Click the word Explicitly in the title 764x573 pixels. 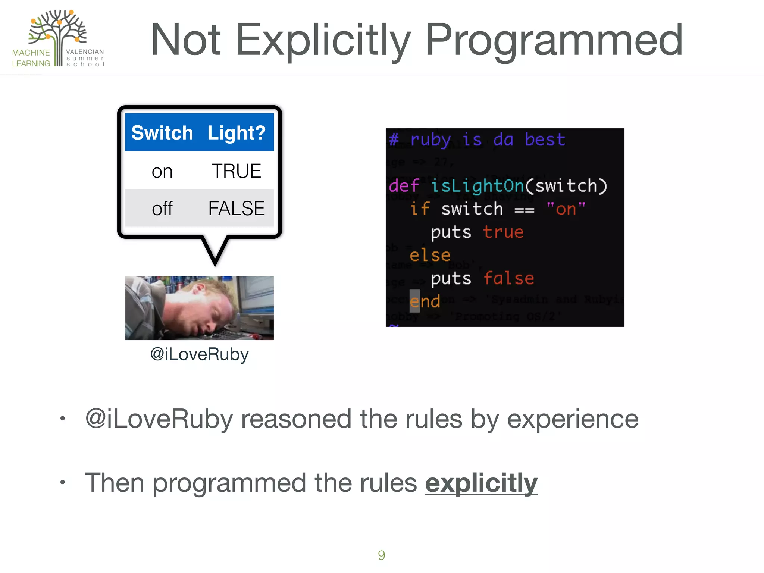click(x=323, y=40)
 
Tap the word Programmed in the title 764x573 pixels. click(x=554, y=40)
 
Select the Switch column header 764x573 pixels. click(x=162, y=133)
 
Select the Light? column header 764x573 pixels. click(x=236, y=133)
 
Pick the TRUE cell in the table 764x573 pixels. click(x=236, y=171)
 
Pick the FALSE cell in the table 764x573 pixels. click(x=236, y=208)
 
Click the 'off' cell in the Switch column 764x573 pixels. click(x=162, y=209)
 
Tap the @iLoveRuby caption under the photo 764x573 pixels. click(x=199, y=354)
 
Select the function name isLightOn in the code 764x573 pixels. click(x=477, y=186)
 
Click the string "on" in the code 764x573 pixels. click(x=566, y=209)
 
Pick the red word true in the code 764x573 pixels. click(x=503, y=232)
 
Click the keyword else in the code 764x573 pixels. click(x=430, y=256)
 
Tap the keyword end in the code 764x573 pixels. click(x=425, y=301)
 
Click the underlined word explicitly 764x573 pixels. click(x=481, y=483)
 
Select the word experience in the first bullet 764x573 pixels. click(x=572, y=419)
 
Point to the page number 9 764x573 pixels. click(x=381, y=555)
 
